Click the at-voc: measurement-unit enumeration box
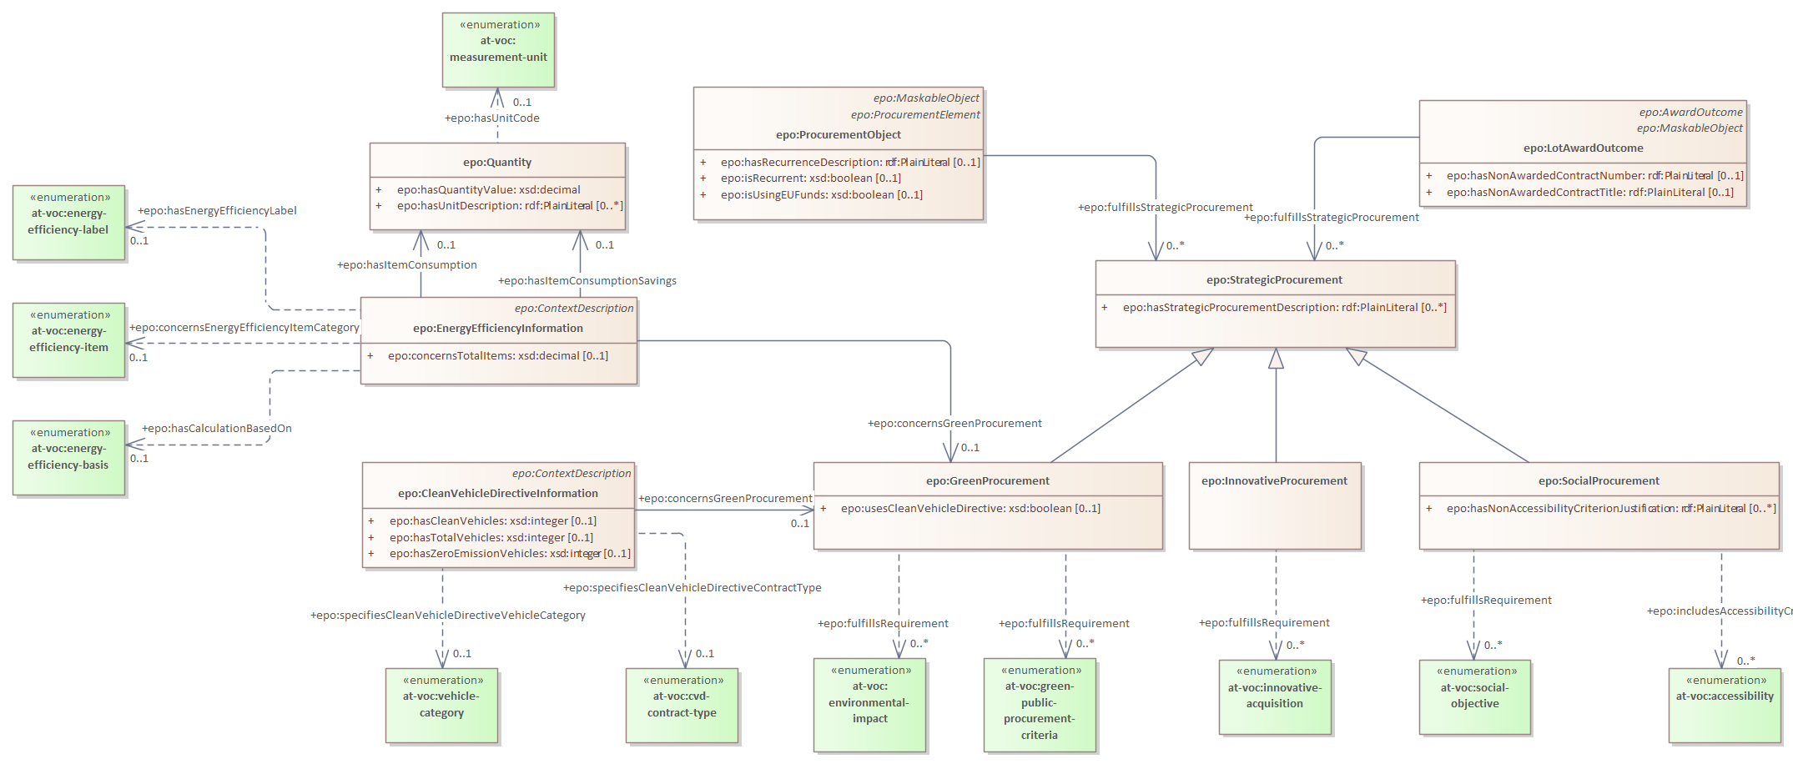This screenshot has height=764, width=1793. (x=498, y=49)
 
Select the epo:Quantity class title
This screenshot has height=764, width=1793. (x=497, y=163)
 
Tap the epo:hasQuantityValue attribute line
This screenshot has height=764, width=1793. (x=488, y=190)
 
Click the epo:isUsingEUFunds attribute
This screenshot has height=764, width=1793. (x=821, y=195)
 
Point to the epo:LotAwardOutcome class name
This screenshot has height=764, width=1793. (x=1583, y=148)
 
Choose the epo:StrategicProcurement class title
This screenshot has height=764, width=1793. (x=1274, y=280)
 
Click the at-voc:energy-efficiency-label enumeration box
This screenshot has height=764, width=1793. (x=68, y=222)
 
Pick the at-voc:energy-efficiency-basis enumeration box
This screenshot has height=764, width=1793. (x=68, y=457)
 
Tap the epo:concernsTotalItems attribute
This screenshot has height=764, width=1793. (x=497, y=356)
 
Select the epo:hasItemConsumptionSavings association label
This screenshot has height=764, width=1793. (x=587, y=281)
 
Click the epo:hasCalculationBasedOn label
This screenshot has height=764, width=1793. (x=217, y=429)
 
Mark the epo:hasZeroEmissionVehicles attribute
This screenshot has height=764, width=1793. (x=509, y=554)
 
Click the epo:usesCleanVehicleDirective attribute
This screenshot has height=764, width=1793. (x=970, y=509)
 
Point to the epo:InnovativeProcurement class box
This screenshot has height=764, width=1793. (x=1274, y=505)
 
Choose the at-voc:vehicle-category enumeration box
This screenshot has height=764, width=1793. (x=441, y=705)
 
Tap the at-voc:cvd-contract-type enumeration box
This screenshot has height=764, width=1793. (x=682, y=705)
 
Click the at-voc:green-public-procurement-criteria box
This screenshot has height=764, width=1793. (x=1040, y=705)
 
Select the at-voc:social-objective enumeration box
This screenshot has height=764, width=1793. (x=1474, y=696)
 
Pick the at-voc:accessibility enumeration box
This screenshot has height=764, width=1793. (x=1724, y=705)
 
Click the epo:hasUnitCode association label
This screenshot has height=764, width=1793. (x=492, y=118)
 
